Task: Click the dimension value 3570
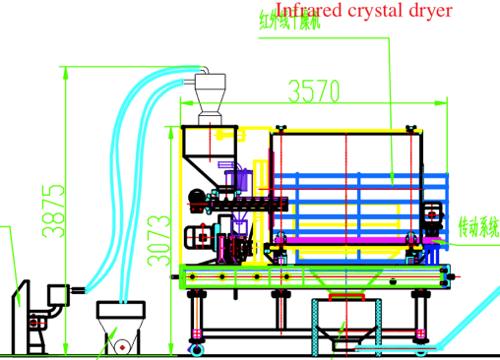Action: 314,91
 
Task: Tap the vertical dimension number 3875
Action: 52,210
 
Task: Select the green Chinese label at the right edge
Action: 479,228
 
